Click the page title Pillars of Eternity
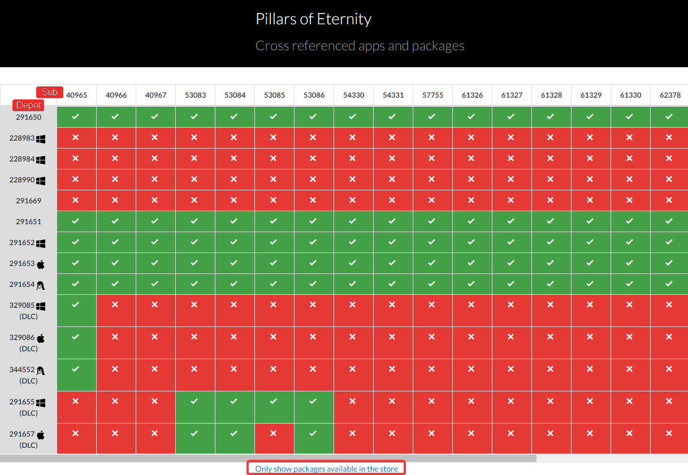313,19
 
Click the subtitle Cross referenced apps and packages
360,46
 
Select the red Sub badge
50,93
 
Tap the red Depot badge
28,106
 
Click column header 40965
77,95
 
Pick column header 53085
275,95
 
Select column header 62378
670,95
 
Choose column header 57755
433,95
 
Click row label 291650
28,117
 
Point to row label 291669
28,201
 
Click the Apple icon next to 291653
41,264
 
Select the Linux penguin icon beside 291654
41,286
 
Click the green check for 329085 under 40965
76,304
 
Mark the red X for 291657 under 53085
274,434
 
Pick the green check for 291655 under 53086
314,402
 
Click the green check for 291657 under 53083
195,434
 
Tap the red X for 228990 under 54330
353,180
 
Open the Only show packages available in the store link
326,469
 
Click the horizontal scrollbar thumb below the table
268,458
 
